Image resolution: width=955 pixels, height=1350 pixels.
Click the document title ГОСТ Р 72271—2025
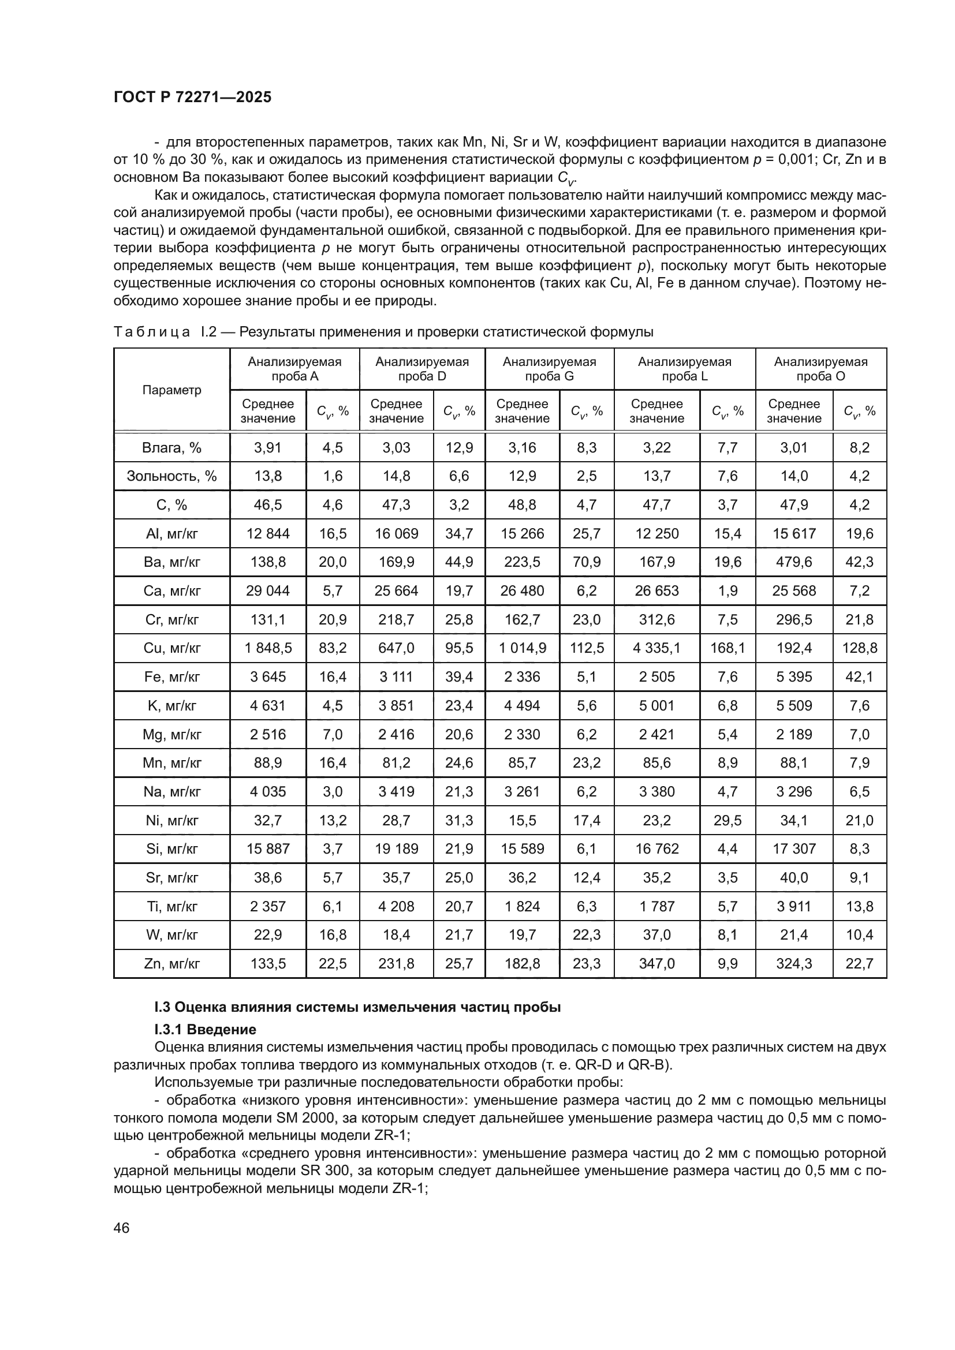point(192,98)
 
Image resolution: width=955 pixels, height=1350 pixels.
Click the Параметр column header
point(171,390)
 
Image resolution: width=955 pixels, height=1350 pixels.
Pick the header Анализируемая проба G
point(549,369)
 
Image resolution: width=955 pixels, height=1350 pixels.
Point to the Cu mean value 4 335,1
point(656,648)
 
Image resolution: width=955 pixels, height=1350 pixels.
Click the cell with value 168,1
point(728,648)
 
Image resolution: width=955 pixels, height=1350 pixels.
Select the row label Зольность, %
point(171,476)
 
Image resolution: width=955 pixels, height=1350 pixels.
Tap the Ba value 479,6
point(794,562)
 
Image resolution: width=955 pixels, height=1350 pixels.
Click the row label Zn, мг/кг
point(171,964)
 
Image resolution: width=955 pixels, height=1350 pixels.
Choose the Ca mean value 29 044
point(267,590)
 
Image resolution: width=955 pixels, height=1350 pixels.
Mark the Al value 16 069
point(396,533)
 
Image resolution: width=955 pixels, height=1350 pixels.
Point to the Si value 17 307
point(794,848)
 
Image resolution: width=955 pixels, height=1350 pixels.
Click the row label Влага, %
point(171,447)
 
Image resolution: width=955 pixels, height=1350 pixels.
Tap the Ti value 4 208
point(396,906)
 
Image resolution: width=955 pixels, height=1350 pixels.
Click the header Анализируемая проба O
point(820,369)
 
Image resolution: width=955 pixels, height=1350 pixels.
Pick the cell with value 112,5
point(586,648)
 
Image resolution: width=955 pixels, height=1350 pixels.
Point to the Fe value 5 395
point(794,677)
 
